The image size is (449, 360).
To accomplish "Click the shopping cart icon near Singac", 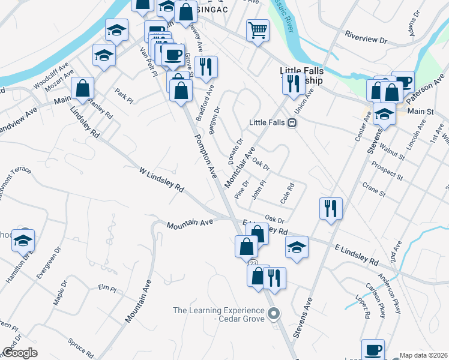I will pos(258,30).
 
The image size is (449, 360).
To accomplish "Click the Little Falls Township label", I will pos(301,75).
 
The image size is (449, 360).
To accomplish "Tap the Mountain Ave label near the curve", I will pos(190,223).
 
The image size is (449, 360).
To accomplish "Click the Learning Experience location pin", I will pos(274,313).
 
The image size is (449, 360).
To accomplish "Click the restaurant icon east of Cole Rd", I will pos(331,209).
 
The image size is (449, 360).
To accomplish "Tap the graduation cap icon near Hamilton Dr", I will pos(23,241).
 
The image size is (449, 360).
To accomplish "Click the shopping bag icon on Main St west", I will pos(82,88).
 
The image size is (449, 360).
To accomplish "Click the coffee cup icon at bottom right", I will pos(373,349).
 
